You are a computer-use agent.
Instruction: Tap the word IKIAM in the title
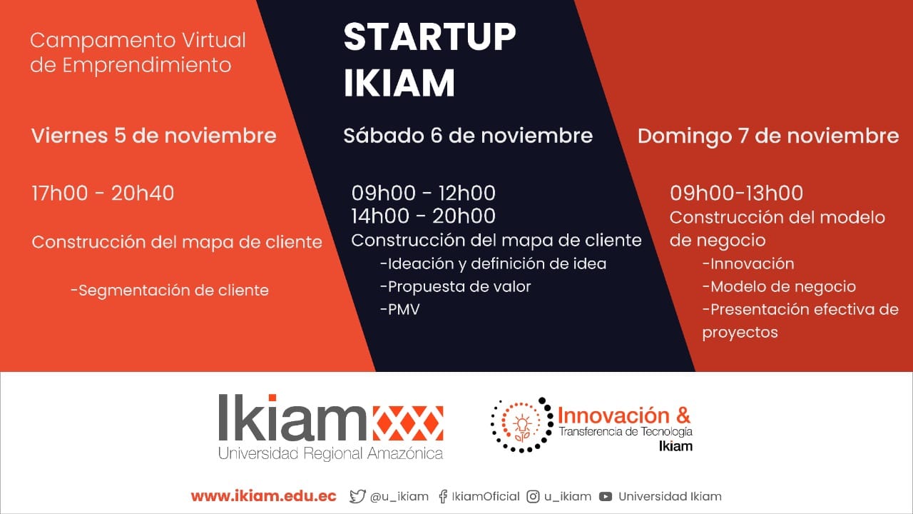[399, 83]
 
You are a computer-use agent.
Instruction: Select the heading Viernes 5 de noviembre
[153, 136]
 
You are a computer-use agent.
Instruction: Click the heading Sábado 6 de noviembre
[467, 136]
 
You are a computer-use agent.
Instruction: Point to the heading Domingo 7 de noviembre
[768, 136]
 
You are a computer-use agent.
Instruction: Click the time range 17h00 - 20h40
[103, 193]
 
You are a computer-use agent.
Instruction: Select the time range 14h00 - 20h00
[424, 216]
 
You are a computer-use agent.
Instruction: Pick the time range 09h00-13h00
[736, 193]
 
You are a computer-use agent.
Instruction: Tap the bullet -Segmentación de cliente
[170, 291]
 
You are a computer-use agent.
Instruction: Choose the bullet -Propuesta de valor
[455, 287]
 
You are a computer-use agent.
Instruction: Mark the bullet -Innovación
[748, 264]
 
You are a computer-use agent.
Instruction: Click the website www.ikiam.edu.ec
[263, 496]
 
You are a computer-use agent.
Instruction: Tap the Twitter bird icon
[357, 496]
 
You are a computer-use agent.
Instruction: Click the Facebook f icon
[443, 496]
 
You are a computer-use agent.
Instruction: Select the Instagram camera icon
[533, 496]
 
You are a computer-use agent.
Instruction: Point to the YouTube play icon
[606, 496]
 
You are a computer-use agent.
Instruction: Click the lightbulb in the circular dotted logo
[522, 424]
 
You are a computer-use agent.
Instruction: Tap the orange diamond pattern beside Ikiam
[408, 423]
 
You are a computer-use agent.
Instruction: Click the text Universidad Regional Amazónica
[330, 453]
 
